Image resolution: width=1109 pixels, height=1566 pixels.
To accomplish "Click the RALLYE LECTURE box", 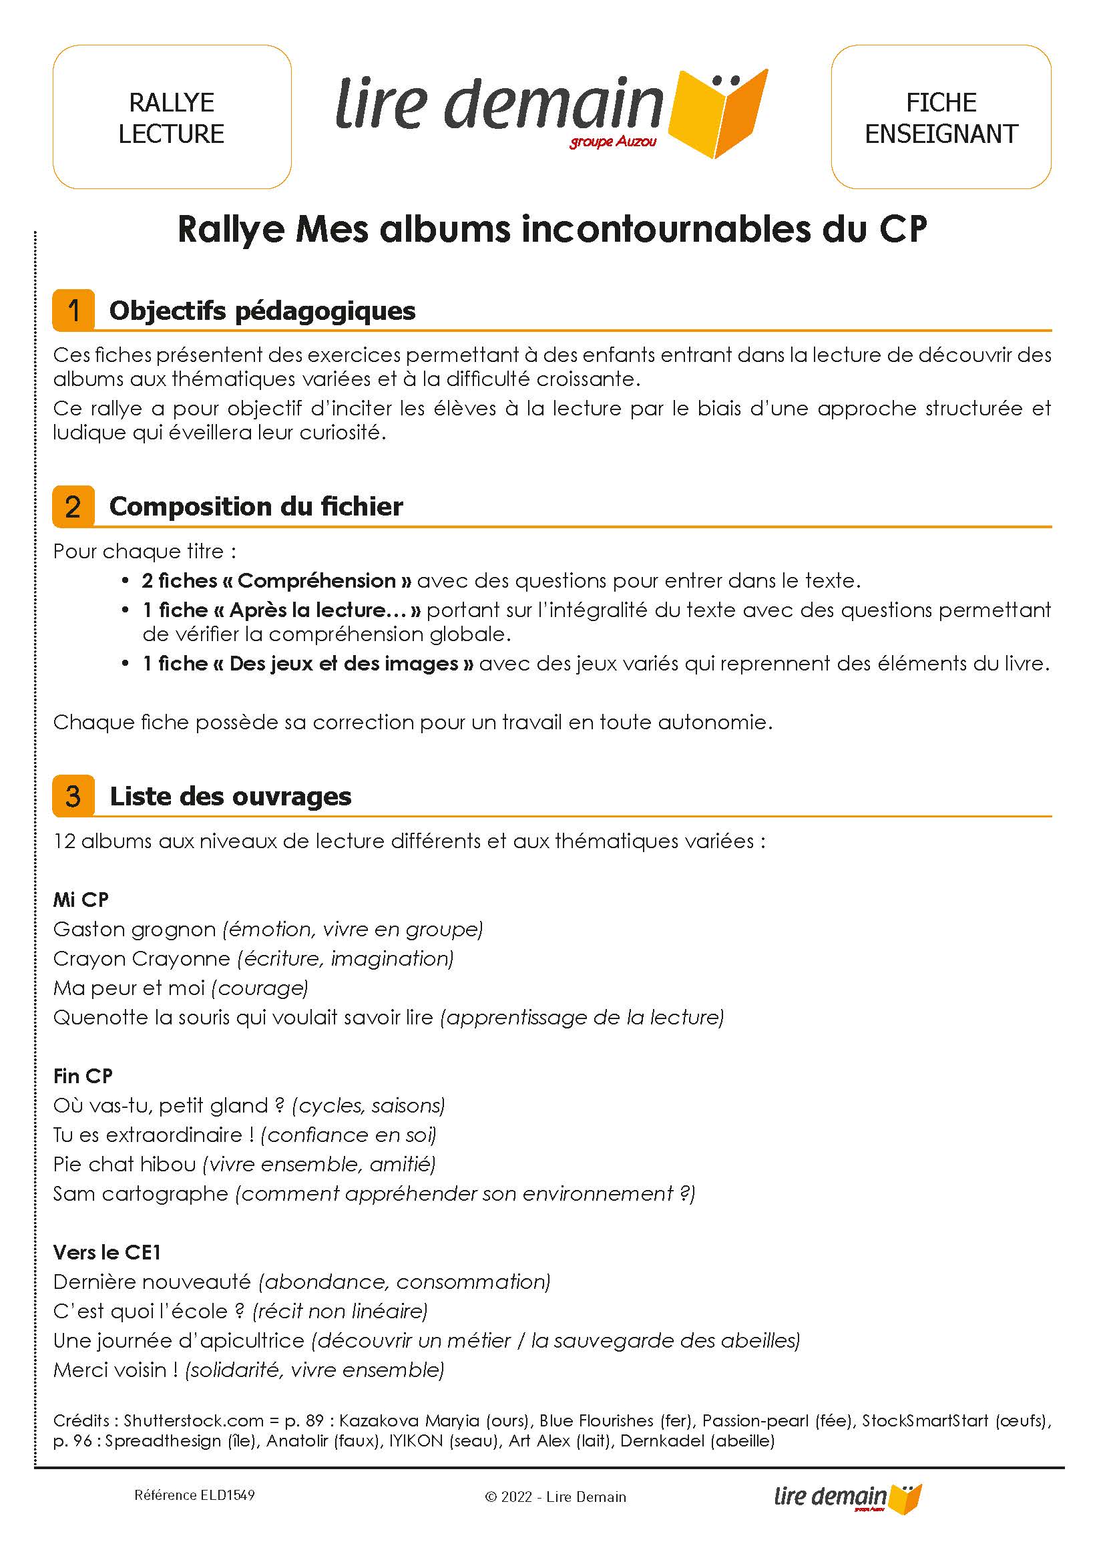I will (172, 118).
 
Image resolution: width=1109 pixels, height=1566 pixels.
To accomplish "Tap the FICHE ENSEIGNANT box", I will (940, 118).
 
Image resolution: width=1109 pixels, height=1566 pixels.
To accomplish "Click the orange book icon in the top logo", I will (718, 113).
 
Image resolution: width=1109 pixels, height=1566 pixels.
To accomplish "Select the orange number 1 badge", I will (73, 311).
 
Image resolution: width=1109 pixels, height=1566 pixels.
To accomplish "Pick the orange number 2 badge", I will (73, 507).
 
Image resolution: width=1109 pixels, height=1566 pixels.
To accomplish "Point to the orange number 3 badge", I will (73, 796).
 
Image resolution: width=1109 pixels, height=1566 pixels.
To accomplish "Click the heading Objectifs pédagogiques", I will (262, 311).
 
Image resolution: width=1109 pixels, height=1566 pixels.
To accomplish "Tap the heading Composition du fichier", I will (256, 507).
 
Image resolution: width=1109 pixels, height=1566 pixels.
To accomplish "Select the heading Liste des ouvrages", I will (231, 796).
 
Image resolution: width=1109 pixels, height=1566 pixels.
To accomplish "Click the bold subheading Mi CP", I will (81, 900).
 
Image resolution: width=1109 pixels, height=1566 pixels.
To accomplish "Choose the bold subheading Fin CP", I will (83, 1076).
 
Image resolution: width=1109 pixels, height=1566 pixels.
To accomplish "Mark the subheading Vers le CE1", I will (107, 1253).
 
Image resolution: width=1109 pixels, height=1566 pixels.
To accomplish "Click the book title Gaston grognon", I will (134, 930).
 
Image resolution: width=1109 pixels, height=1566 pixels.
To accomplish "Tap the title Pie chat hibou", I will (124, 1165).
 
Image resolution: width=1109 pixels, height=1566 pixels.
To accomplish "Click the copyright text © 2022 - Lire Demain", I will (556, 1497).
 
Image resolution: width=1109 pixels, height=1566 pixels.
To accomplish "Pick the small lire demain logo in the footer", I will (847, 1497).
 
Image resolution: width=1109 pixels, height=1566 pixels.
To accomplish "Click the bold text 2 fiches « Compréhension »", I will (276, 581).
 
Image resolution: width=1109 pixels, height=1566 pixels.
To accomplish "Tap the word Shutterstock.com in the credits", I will (193, 1421).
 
